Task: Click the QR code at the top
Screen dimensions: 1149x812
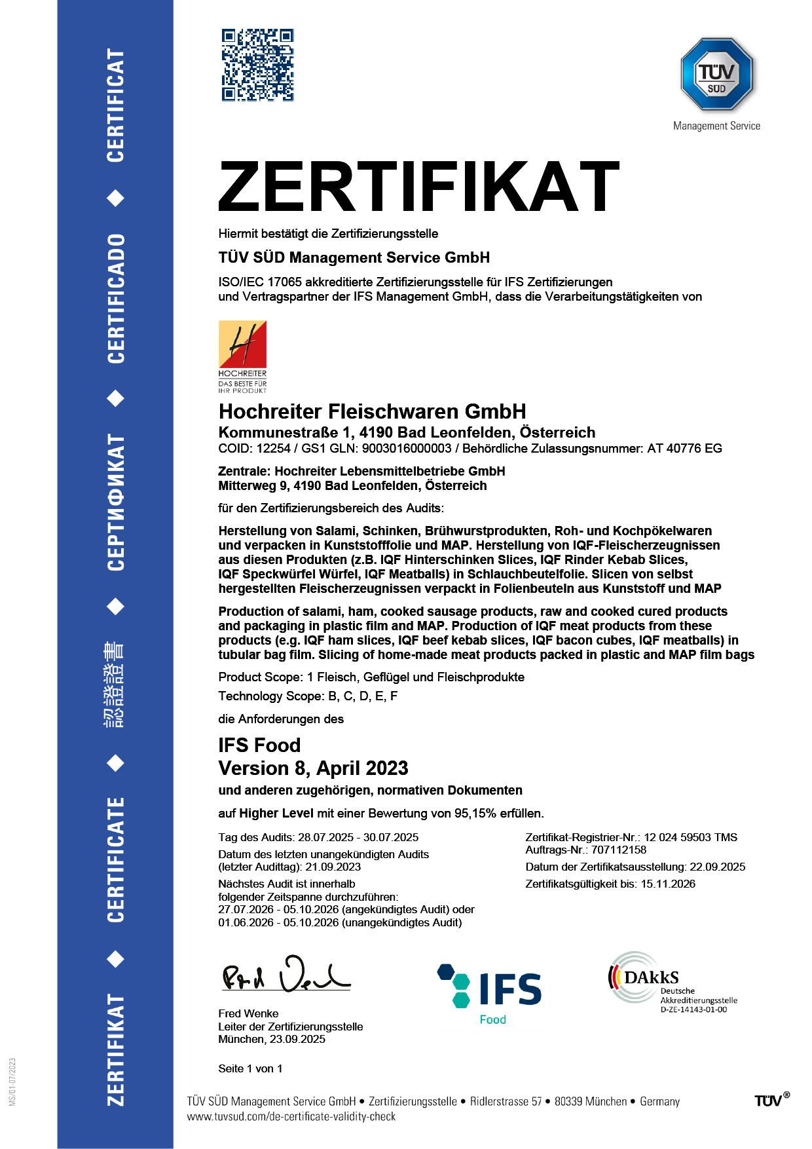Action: coord(257,65)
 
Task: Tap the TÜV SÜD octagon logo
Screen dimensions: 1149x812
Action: coord(716,74)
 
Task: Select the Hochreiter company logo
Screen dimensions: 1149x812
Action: coord(242,356)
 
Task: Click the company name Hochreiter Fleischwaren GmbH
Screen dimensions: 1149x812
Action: coord(372,411)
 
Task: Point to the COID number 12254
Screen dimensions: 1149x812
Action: coord(273,449)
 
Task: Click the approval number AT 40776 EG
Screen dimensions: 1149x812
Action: coord(684,449)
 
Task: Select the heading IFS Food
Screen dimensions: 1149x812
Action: coord(259,745)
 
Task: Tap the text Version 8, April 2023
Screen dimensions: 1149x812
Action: coord(313,768)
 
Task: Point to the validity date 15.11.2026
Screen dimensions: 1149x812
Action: coord(667,884)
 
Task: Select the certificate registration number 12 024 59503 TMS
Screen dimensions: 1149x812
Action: coord(690,838)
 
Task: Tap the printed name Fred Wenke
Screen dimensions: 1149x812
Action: coord(248,1014)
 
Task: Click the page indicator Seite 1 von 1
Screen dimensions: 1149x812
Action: coord(250,1069)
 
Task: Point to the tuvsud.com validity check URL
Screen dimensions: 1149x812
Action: coord(291,1117)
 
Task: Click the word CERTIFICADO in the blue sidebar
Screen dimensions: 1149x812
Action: coord(116,298)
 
